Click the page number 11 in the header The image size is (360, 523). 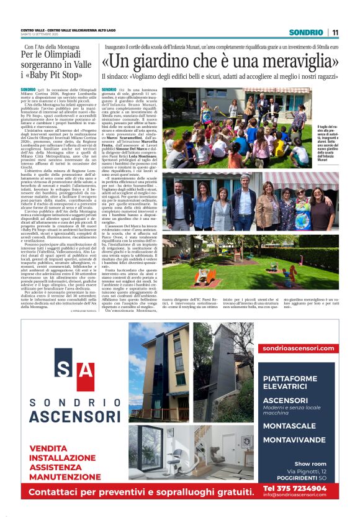335,32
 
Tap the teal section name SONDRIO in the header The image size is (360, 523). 306,32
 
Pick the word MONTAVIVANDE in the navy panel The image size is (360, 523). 294,440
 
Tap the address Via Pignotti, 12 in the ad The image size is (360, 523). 302,471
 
